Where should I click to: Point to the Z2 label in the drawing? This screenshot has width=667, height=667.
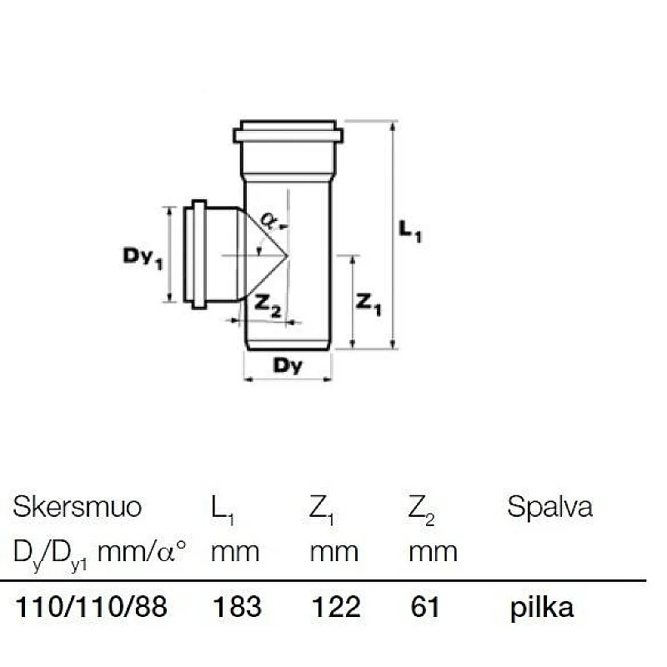pos(268,307)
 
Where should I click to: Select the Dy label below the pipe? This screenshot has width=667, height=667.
pos(288,365)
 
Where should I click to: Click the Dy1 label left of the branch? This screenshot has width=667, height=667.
pos(136,258)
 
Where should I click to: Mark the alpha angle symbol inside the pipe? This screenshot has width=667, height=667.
pos(268,219)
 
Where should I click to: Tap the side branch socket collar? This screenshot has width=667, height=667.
pos(198,253)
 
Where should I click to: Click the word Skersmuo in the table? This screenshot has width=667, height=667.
pos(78,507)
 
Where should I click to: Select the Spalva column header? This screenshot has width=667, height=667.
pos(549,507)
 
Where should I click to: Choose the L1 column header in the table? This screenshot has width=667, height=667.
pos(223,509)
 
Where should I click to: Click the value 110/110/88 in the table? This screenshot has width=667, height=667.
pos(92,607)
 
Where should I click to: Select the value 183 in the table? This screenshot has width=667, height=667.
pos(238,607)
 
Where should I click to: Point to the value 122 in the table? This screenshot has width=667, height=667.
pos(335,607)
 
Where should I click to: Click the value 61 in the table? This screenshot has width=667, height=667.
pos(425,607)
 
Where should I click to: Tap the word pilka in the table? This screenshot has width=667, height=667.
pos(542,607)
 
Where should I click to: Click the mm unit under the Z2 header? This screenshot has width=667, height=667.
pos(433,551)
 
